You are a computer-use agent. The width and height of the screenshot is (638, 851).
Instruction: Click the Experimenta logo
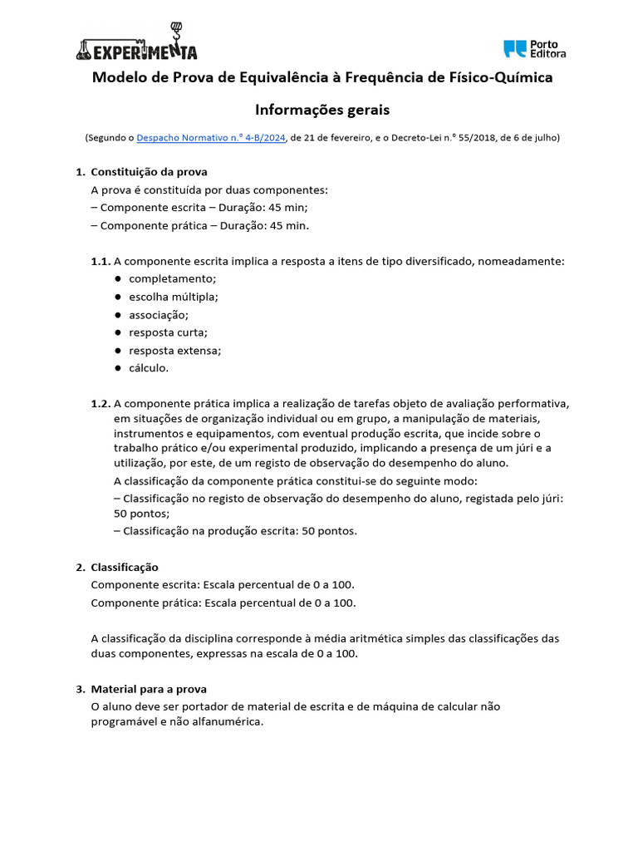(x=136, y=46)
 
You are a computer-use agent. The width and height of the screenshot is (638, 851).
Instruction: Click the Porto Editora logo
(x=535, y=49)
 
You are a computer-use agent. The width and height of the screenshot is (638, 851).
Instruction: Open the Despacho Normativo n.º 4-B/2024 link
(x=211, y=138)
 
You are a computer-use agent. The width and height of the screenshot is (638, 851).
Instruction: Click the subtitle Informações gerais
(x=321, y=110)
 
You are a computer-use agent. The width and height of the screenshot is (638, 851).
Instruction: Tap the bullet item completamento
(x=172, y=278)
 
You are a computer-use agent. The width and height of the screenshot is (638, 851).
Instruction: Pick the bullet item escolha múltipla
(x=173, y=297)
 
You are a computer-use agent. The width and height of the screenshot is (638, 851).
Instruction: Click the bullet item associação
(x=158, y=315)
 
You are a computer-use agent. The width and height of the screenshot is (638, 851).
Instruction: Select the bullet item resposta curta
(x=168, y=332)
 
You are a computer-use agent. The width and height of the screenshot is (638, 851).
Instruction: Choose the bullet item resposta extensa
(x=174, y=351)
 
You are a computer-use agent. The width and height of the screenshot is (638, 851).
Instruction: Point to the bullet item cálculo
(x=148, y=368)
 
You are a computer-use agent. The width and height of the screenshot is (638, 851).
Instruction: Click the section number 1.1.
(x=101, y=261)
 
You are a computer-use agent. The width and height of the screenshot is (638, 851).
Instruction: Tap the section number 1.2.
(x=101, y=404)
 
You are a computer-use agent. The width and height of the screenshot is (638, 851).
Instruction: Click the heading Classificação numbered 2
(x=124, y=567)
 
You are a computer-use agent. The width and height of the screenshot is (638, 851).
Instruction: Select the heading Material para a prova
(x=149, y=689)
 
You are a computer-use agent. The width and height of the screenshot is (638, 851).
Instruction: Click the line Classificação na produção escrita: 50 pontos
(x=235, y=531)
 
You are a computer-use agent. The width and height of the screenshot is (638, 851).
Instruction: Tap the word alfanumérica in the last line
(x=225, y=722)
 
